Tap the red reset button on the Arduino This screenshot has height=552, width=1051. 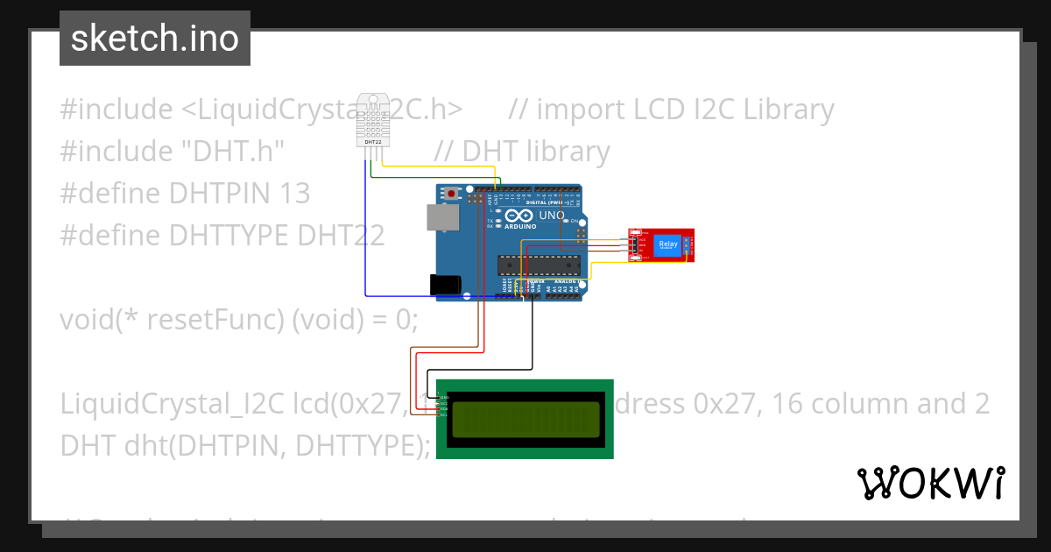[x=452, y=193]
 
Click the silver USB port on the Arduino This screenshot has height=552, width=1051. [x=441, y=218]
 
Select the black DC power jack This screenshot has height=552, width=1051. [x=446, y=284]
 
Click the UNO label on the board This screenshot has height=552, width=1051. [x=551, y=215]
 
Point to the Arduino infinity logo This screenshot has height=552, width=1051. [x=518, y=216]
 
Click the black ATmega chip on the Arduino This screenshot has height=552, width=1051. [x=538, y=265]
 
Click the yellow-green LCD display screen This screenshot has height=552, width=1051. [x=525, y=419]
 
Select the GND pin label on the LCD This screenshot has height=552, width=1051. [x=444, y=397]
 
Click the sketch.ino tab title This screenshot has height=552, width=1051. [x=155, y=39]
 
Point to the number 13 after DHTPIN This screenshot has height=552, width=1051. [x=294, y=193]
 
